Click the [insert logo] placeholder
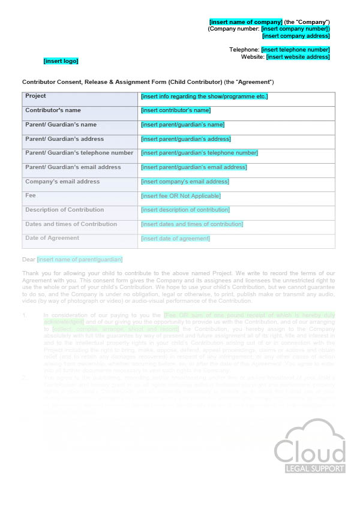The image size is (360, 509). pyautogui.click(x=61, y=61)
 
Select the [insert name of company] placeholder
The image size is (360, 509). pyautogui.click(x=245, y=22)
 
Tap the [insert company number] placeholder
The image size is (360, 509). pyautogui.click(x=295, y=29)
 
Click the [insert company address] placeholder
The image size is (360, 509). pyautogui.click(x=296, y=36)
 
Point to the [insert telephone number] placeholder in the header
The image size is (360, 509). pyautogui.click(x=295, y=50)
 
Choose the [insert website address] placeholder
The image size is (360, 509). pyautogui.click(x=298, y=57)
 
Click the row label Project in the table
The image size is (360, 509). pyautogui.click(x=35, y=96)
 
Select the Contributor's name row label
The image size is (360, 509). pyautogui.click(x=53, y=110)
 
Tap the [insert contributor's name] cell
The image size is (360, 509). pyautogui.click(x=176, y=110)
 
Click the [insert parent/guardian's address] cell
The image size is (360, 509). pyautogui.click(x=185, y=139)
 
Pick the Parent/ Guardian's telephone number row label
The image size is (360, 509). pyautogui.click(x=79, y=153)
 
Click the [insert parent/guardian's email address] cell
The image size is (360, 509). pyautogui.click(x=193, y=167)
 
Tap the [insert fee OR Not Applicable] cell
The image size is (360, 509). pyautogui.click(x=181, y=196)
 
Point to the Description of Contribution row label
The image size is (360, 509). pyautogui.click(x=64, y=210)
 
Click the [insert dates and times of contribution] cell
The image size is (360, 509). pyautogui.click(x=192, y=224)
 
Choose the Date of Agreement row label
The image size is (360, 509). pyautogui.click(x=52, y=238)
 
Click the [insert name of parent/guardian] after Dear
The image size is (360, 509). pyautogui.click(x=80, y=260)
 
